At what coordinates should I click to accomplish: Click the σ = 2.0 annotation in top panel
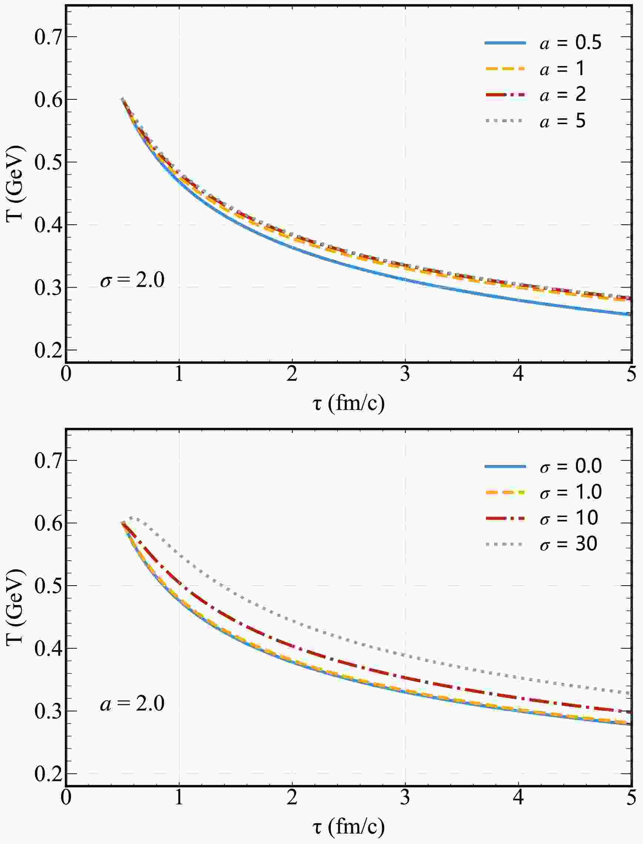tap(132, 280)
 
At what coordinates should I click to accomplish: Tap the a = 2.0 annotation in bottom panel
tap(132, 704)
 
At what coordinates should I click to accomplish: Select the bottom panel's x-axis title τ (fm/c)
tap(348, 827)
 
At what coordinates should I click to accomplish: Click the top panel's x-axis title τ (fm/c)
tap(348, 403)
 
